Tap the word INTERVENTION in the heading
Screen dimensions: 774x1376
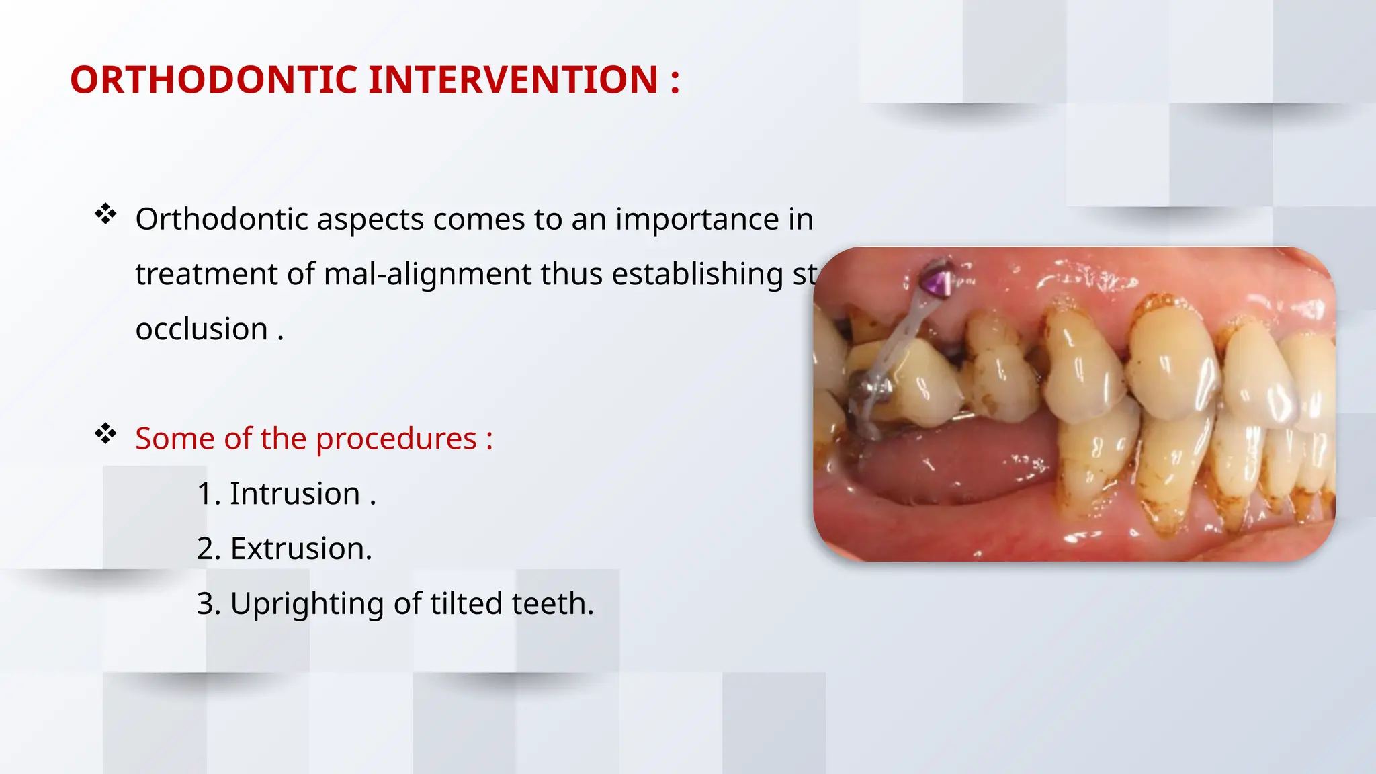[513, 80]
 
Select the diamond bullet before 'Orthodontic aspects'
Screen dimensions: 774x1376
[105, 215]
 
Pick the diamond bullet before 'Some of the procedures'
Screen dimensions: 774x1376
[105, 434]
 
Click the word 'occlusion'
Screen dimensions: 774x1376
[202, 329]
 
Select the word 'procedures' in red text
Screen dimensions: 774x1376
[396, 439]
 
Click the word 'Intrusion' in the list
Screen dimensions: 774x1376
[294, 494]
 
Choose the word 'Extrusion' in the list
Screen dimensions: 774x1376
[300, 549]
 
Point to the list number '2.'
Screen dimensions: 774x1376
[208, 549]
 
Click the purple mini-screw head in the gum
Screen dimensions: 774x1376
[936, 281]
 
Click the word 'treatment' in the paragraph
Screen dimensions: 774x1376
[206, 275]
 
